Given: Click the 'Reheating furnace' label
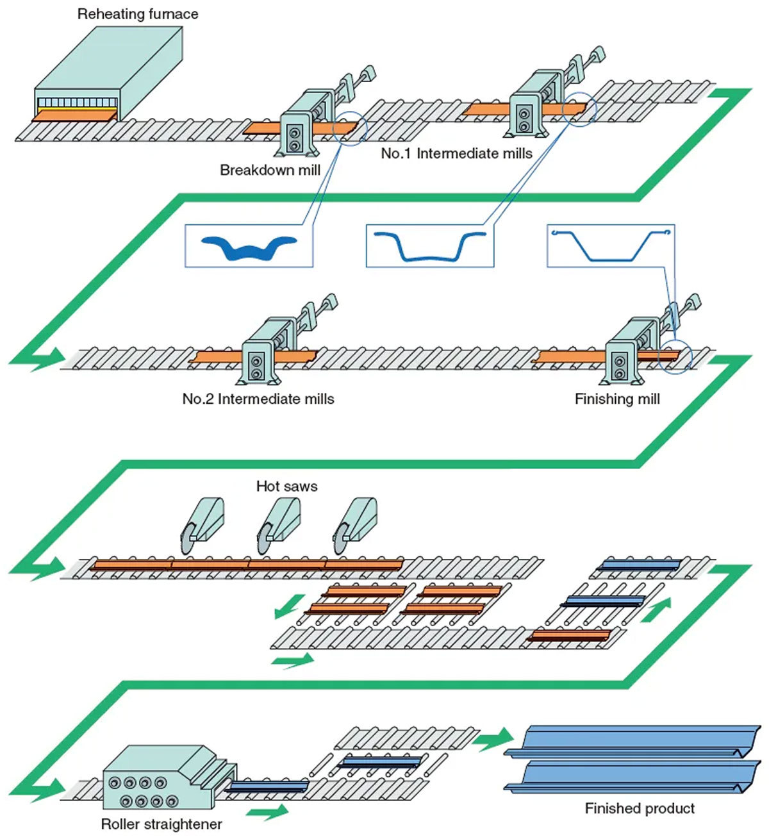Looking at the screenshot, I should pyautogui.click(x=137, y=14).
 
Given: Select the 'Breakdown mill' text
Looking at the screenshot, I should pyautogui.click(x=270, y=170).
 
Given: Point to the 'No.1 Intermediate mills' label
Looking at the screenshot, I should pyautogui.click(x=456, y=154).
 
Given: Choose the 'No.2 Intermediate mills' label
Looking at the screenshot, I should pyautogui.click(x=258, y=399).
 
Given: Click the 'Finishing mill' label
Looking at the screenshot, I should pyautogui.click(x=616, y=399).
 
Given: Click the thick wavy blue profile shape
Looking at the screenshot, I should pyautogui.click(x=249, y=247).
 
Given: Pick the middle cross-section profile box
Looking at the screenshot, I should pyautogui.click(x=429, y=245).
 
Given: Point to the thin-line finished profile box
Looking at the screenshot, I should pyautogui.click(x=611, y=245).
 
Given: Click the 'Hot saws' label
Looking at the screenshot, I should pyautogui.click(x=286, y=486).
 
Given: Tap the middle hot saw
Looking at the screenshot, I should pyautogui.click(x=277, y=523).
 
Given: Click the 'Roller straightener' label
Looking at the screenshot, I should pyautogui.click(x=161, y=824).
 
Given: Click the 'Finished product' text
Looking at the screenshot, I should pyautogui.click(x=640, y=809).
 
